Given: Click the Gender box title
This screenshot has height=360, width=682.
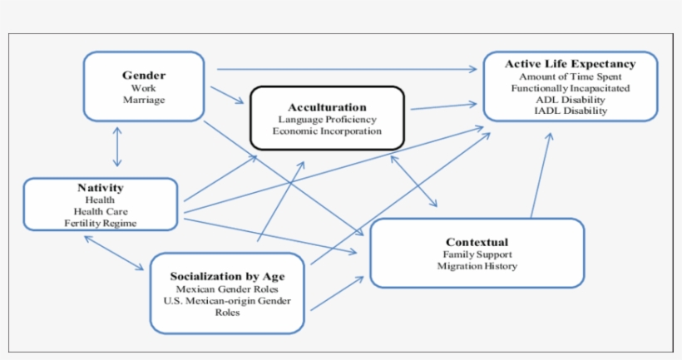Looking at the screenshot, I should point(143,75).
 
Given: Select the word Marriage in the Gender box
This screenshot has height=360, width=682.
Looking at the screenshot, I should point(143,100).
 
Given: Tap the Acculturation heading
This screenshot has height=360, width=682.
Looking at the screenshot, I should point(327,107).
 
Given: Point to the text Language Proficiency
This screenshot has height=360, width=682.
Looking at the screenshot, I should point(327,120).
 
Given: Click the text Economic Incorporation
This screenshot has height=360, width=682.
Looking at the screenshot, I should point(327,131).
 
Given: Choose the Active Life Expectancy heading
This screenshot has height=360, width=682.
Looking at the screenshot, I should point(570,64).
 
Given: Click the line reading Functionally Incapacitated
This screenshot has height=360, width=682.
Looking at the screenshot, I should point(570,87).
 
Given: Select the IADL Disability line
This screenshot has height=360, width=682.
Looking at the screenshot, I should point(570,111).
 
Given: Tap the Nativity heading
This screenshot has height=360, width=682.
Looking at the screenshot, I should point(100,188).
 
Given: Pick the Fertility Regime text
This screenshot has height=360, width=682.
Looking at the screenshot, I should point(100,223).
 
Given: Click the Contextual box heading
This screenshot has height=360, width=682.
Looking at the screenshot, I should point(477,242).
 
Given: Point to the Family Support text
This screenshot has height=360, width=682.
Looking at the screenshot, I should point(477,254).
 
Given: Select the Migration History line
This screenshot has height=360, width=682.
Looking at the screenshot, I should point(477,266).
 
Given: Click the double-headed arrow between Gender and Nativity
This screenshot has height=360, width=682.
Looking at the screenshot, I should point(118,147).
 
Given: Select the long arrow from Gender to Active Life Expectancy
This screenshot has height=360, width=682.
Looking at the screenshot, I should point(349,69).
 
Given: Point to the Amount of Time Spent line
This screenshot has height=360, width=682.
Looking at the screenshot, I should point(570,76).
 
